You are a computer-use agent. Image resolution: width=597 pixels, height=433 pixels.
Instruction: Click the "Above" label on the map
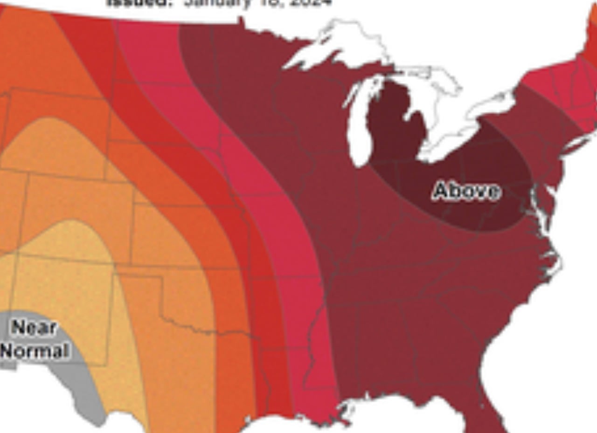click(466, 191)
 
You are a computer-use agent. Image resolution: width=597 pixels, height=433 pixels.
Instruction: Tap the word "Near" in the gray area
click(34, 327)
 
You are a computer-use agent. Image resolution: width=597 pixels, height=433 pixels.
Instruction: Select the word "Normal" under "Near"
click(35, 350)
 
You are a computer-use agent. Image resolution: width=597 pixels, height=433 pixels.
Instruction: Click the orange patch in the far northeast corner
click(593, 16)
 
